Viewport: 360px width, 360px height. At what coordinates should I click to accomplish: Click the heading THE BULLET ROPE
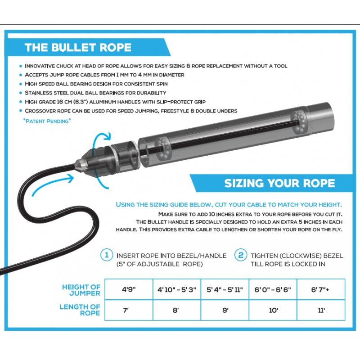pos(78,48)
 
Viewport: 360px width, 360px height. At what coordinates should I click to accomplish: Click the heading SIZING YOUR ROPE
pos(279,183)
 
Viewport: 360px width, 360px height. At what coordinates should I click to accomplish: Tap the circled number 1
pos(107,255)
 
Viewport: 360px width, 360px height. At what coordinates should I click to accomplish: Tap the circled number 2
pos(242,255)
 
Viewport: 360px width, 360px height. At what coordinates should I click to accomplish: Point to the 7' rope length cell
pos(128,310)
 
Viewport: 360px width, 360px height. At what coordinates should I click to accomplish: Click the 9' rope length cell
pos(225,310)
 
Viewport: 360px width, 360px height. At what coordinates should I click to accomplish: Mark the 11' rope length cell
pos(321,310)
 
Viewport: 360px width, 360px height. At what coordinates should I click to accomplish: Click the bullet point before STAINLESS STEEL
pos(21,93)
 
